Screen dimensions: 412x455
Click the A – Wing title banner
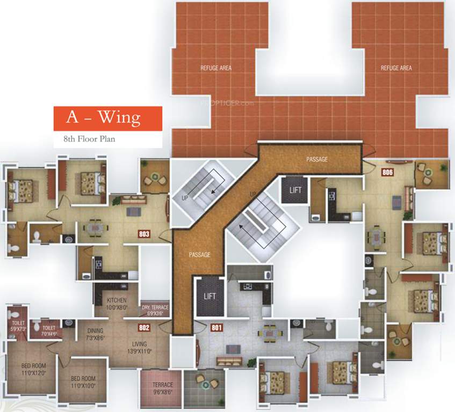pyautogui.click(x=107, y=119)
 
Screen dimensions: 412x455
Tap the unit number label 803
pyautogui.click(x=143, y=234)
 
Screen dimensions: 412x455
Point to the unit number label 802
pyautogui.click(x=143, y=327)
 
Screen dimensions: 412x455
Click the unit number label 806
pyautogui.click(x=387, y=172)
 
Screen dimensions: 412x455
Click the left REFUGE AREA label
pyautogui.click(x=216, y=68)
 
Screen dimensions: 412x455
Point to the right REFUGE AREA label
pyautogui.click(x=396, y=68)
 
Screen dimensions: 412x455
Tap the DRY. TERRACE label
pyautogui.click(x=155, y=311)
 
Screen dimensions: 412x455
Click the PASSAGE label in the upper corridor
pyautogui.click(x=317, y=159)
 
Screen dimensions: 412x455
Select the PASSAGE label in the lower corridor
pyautogui.click(x=199, y=255)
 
